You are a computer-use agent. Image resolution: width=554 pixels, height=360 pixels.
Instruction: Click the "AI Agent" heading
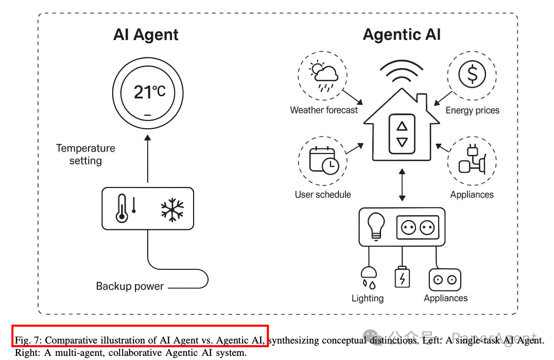(146, 35)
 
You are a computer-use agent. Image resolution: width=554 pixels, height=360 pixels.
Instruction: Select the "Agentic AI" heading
(402, 35)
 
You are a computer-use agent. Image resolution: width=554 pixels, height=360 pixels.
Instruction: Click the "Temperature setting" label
(85, 155)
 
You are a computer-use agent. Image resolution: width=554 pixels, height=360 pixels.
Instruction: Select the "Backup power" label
(130, 286)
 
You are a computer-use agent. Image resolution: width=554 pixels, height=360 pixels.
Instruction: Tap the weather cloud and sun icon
(323, 75)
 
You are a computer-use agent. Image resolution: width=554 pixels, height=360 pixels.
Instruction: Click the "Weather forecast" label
(323, 110)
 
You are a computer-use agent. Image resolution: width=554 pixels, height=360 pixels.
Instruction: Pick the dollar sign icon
(472, 75)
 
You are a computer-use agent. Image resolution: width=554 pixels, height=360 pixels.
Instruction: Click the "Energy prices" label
(472, 110)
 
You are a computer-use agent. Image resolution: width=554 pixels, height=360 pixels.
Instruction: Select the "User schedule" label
(323, 195)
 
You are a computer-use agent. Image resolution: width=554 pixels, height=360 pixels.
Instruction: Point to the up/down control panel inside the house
(402, 133)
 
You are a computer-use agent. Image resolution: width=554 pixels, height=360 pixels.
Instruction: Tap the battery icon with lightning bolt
(402, 277)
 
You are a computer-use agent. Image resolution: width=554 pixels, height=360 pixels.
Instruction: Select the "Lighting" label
(368, 298)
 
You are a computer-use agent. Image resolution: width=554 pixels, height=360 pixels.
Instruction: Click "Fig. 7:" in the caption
(28, 340)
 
